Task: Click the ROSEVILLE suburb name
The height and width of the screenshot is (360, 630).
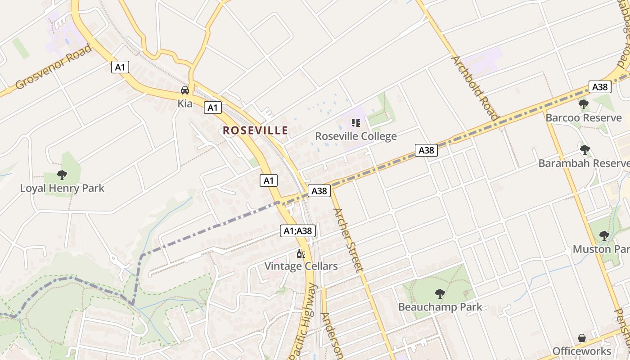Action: [x=255, y=130]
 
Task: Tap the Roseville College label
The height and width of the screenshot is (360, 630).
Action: [x=355, y=136]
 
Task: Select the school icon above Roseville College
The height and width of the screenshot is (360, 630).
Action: [x=356, y=122]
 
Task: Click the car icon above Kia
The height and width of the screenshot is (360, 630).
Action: [x=185, y=90]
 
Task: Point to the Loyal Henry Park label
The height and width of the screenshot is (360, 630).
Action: [x=62, y=188]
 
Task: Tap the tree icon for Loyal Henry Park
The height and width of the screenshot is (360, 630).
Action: [x=62, y=175]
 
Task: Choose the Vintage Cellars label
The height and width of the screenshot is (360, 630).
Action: [x=301, y=266]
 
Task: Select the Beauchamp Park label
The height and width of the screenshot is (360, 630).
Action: [x=440, y=307]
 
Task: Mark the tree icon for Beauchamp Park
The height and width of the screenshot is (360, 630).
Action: [x=440, y=294]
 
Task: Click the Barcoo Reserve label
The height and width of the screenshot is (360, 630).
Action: [x=583, y=118]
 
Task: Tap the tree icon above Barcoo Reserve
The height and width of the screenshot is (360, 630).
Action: [x=583, y=104]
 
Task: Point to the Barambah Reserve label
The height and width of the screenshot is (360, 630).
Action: [x=584, y=163]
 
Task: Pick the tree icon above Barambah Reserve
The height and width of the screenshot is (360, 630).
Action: [x=585, y=150]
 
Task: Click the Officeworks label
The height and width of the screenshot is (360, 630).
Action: [x=581, y=351]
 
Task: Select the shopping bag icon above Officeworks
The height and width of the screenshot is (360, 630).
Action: [x=582, y=338]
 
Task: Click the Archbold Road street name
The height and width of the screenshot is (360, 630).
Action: [x=475, y=88]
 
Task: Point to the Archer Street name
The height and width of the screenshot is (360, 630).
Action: [x=347, y=240]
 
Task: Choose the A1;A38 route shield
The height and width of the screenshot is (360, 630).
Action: [x=298, y=231]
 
